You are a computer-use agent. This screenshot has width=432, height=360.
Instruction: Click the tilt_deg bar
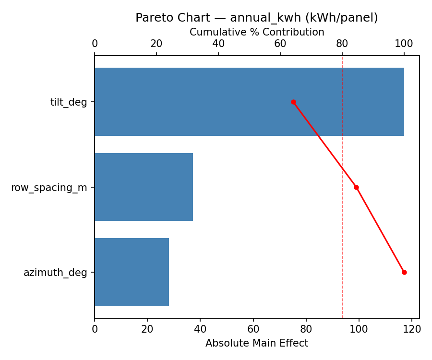point(249,102)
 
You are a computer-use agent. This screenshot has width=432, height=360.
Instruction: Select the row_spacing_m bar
point(144,187)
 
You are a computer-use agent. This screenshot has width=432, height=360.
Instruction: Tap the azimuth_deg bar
point(132,272)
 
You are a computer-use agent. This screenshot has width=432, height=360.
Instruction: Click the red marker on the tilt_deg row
point(293,102)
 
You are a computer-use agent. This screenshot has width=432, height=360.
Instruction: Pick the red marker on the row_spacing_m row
point(356,187)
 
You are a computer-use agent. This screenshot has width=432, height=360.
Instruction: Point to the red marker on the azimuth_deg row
point(404,272)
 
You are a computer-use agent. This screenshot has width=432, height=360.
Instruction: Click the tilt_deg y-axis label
point(69,102)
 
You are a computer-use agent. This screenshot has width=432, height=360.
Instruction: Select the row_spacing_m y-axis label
point(49,187)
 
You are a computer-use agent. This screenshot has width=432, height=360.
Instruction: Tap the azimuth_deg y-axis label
point(55,272)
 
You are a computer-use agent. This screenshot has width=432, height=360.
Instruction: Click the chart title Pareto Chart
point(256,18)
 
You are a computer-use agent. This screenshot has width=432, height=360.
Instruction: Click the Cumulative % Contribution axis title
point(257,32)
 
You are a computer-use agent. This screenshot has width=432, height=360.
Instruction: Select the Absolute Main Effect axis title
point(257,343)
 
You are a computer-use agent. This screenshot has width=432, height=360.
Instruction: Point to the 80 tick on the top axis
point(342,44)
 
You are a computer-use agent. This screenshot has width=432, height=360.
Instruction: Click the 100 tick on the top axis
point(404,44)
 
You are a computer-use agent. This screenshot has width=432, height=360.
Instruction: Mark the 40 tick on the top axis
point(218,44)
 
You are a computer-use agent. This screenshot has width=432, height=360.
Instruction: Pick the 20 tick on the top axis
point(156,44)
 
